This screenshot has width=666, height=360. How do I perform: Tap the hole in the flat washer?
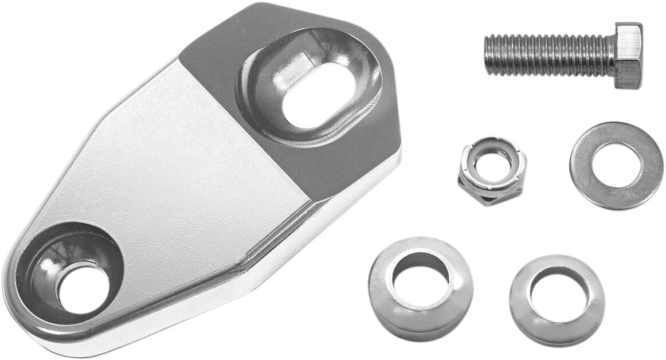617,165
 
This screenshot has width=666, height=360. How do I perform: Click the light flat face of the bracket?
189,189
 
